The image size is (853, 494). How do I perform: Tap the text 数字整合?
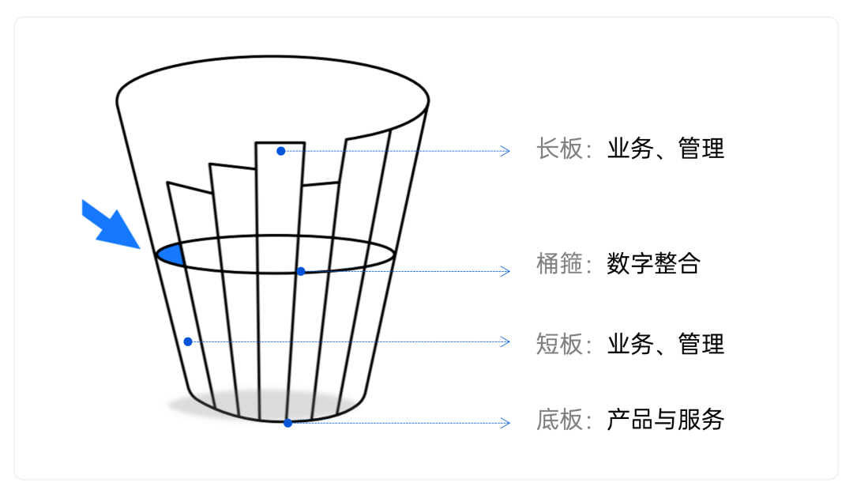click(653, 264)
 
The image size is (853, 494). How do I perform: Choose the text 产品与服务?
click(665, 420)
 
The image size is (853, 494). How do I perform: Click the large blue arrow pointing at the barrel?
click(111, 224)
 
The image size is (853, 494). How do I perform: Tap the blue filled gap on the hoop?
click(171, 255)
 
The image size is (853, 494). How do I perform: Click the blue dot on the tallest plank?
click(280, 151)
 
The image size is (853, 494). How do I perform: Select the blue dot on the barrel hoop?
click(301, 271)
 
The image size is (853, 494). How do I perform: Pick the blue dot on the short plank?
click(188, 341)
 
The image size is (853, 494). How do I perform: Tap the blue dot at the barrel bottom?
click(287, 423)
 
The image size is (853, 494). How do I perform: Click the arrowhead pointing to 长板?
click(505, 151)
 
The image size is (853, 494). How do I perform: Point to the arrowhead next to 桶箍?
click(505, 271)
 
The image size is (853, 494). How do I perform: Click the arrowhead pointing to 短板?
click(505, 341)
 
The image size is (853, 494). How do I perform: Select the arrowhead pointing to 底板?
click(505, 423)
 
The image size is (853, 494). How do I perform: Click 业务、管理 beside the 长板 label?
click(665, 149)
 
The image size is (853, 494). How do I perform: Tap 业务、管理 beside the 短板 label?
click(665, 345)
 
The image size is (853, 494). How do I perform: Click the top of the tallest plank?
click(280, 143)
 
